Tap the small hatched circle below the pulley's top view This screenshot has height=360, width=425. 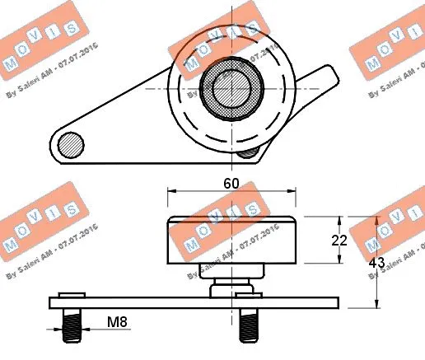(245, 152)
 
